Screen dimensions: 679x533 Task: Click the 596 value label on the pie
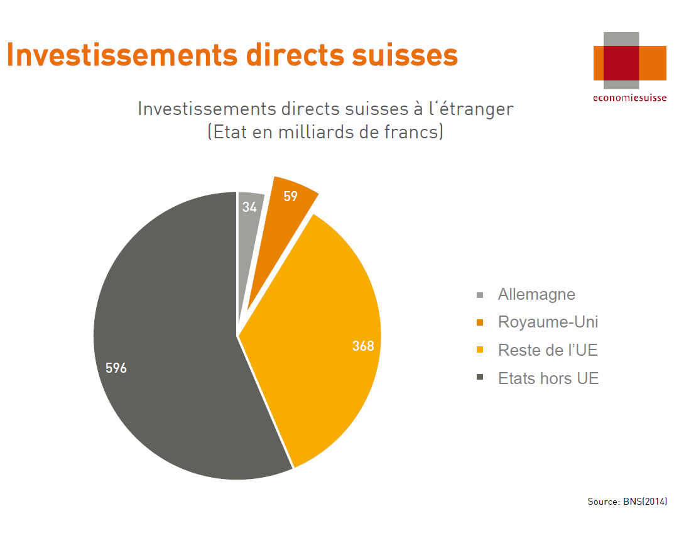116,368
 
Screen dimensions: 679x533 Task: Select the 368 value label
363,346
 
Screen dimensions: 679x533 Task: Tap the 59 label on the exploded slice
291,196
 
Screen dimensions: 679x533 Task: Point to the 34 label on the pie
249,207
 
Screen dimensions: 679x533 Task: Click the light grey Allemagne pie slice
248,243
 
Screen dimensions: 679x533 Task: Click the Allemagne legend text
536,294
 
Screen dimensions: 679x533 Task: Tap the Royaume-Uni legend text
548,322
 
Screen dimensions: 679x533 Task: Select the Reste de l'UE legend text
548,350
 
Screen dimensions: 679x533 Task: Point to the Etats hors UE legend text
548,378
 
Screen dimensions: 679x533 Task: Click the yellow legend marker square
480,349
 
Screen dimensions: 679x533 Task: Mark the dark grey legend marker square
480,377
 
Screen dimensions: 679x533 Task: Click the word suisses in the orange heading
405,55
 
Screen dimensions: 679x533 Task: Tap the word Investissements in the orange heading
122,55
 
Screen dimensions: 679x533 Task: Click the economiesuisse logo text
629,98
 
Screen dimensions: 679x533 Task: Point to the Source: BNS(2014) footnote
627,502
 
